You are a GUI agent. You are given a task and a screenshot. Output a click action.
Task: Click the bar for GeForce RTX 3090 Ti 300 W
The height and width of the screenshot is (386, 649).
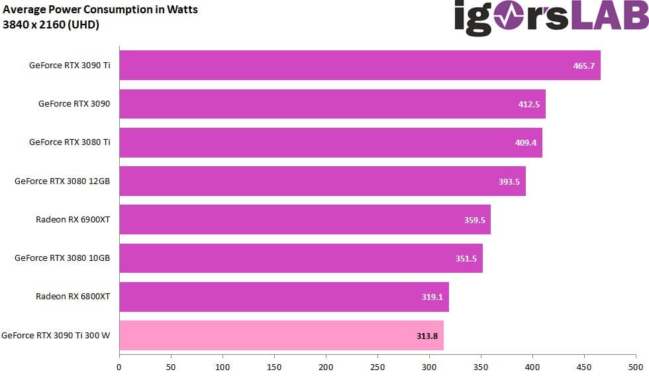click(281, 336)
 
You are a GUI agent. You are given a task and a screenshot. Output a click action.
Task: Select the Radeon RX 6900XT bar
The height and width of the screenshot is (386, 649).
click(305, 220)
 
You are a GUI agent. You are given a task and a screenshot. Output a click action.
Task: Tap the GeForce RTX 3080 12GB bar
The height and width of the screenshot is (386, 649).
click(322, 181)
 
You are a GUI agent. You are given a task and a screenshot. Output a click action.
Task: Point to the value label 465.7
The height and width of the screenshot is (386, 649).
click(583, 66)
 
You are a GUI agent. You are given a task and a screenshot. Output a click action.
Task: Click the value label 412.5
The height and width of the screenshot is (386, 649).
click(528, 105)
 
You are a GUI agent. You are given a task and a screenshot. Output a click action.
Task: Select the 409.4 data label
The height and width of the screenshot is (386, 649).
click(526, 143)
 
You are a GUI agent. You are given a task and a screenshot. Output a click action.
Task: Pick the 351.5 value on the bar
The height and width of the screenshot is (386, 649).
click(466, 259)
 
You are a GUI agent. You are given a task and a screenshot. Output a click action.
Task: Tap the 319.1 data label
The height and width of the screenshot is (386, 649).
click(432, 297)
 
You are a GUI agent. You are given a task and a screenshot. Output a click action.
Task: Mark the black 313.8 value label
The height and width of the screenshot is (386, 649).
click(427, 336)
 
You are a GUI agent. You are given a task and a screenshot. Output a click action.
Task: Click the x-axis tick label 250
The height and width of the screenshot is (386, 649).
click(377, 366)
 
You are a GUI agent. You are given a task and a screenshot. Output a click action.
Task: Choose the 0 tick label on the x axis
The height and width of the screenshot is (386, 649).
click(119, 366)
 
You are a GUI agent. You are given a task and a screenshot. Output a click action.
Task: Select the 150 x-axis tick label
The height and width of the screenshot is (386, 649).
click(274, 366)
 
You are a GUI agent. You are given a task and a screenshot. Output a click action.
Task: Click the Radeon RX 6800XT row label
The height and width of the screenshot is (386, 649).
click(73, 297)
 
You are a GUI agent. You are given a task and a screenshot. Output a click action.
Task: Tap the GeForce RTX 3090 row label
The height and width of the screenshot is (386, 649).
click(74, 104)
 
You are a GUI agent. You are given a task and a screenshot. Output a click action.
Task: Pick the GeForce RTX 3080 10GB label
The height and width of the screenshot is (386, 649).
click(62, 258)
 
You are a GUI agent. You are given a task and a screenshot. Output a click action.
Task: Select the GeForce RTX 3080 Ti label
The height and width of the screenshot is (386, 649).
click(70, 142)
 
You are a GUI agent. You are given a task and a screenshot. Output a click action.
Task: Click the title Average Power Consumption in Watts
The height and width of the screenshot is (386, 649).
click(100, 10)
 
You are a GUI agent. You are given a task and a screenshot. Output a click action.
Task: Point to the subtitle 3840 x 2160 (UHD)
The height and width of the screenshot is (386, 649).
click(51, 25)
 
